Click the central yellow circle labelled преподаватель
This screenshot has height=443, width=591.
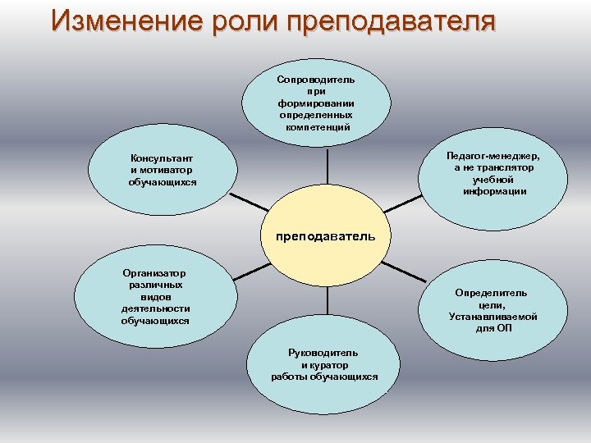click(x=326, y=236)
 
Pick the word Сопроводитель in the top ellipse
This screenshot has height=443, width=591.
click(x=316, y=80)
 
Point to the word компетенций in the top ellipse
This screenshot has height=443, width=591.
click(x=316, y=127)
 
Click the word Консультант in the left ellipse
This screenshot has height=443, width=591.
click(x=162, y=158)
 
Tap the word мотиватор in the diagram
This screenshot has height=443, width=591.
click(x=167, y=170)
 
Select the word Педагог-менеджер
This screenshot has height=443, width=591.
click(x=494, y=155)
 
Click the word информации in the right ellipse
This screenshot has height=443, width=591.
click(x=494, y=191)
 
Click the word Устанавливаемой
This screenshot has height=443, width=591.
click(x=492, y=317)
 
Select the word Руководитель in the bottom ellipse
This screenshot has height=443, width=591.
click(x=324, y=353)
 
